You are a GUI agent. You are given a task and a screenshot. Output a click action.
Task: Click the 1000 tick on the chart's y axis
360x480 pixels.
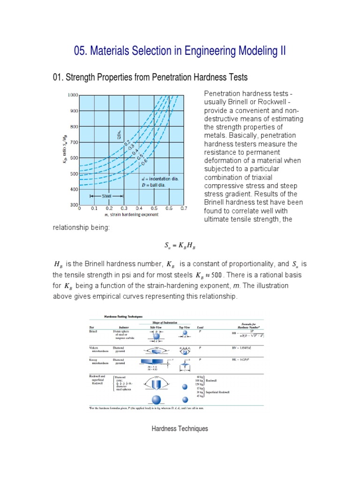[x=72, y=95]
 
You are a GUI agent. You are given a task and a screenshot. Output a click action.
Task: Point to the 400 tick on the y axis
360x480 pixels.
[x=73, y=189]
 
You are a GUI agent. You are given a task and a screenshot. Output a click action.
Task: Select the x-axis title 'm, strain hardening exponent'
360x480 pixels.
[x=131, y=215]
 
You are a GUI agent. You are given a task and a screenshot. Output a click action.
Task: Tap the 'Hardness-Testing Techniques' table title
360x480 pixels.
[x=117, y=318]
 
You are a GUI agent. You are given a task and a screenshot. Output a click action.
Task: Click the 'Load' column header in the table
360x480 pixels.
[x=200, y=327]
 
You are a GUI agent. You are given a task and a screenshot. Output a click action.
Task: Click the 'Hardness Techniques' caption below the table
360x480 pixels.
[x=180, y=428]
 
